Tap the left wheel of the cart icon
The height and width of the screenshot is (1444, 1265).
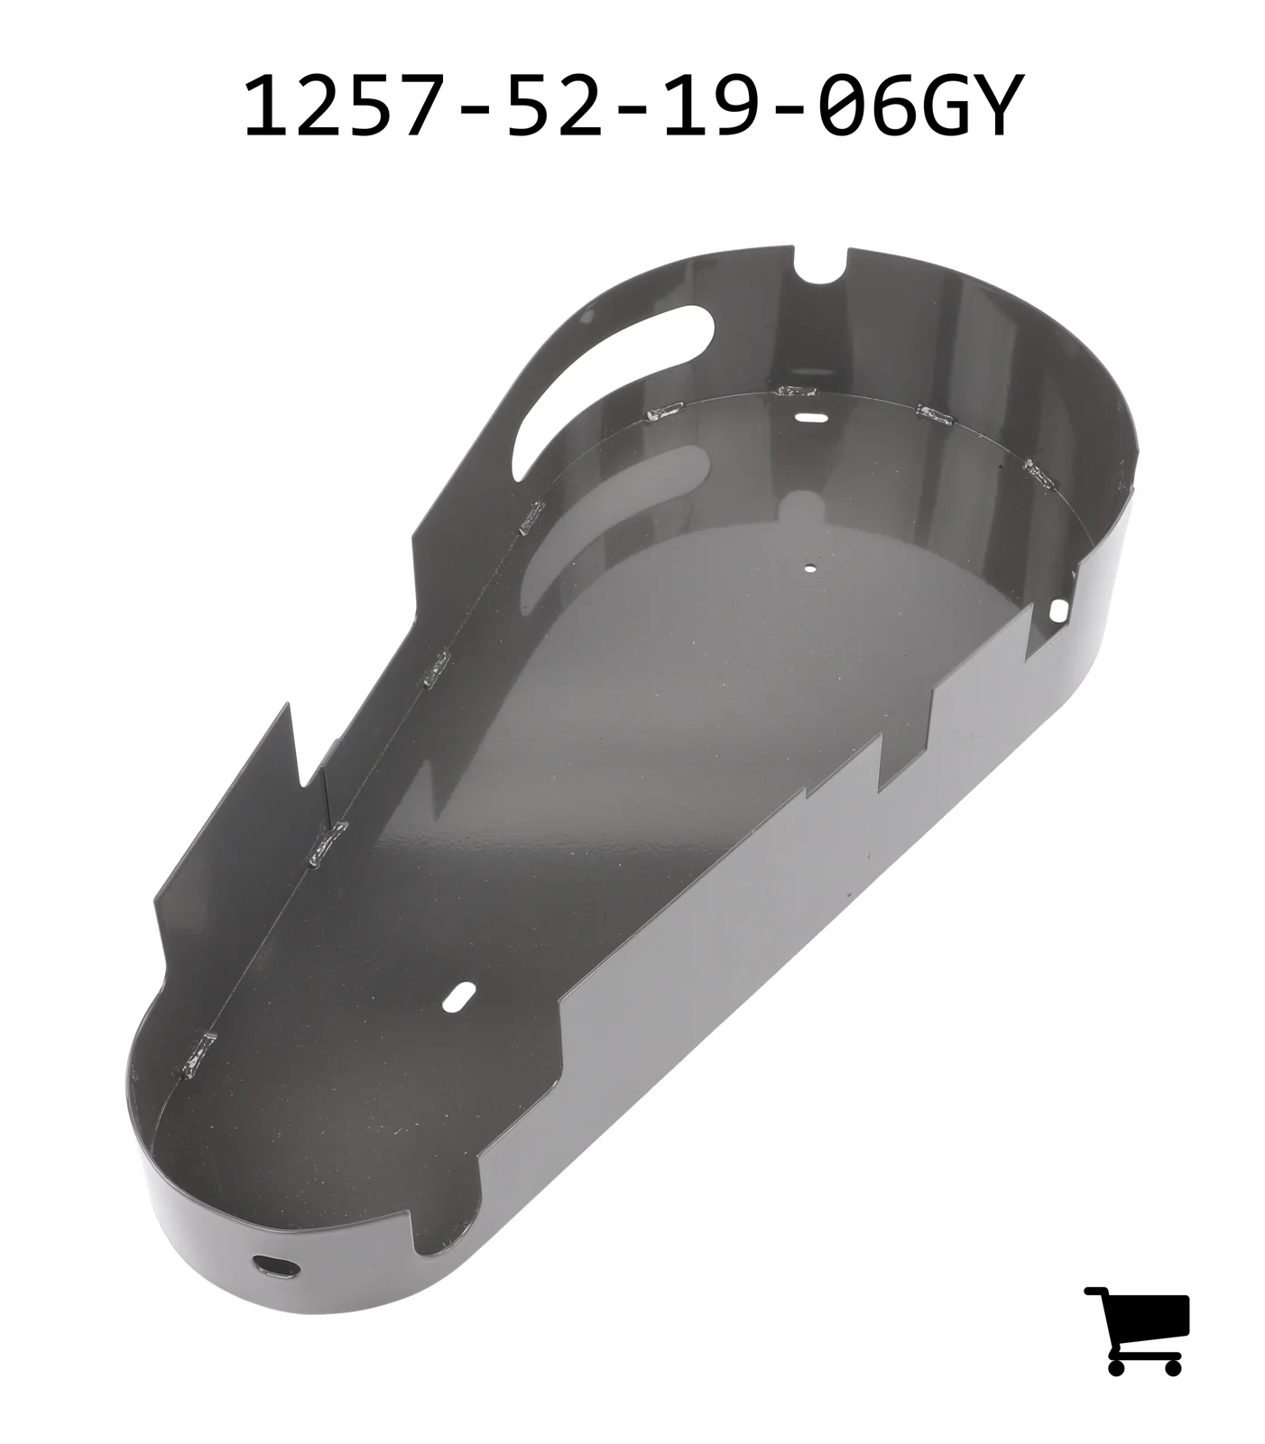[1117, 1366]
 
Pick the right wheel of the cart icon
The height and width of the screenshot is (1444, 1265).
[1172, 1366]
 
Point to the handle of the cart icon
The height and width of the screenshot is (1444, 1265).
[1095, 1292]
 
